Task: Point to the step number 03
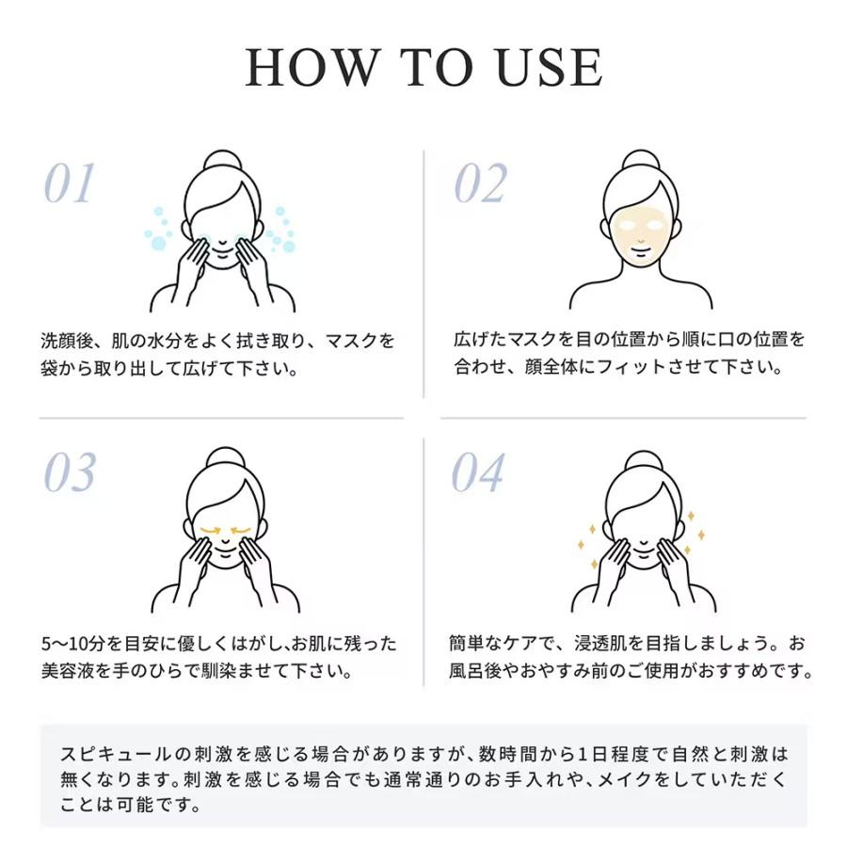pyautogui.click(x=70, y=472)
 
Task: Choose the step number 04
pyautogui.click(x=479, y=472)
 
